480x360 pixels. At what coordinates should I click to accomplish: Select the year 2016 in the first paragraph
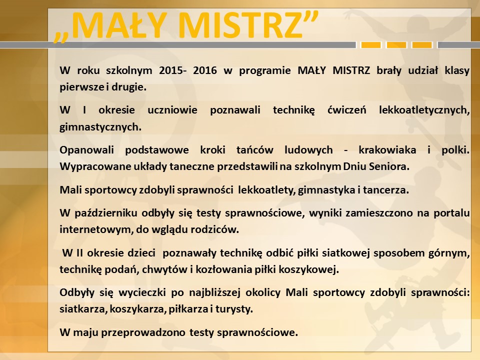tap(205, 70)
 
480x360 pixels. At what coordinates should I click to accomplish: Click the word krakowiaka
tap(387, 150)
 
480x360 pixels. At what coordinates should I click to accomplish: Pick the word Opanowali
tap(86, 150)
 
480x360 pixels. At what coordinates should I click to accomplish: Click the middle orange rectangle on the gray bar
tap(396, 45)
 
